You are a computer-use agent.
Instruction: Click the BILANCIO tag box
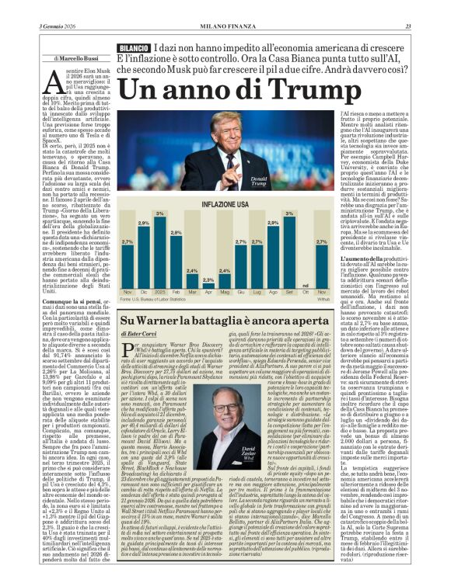pyautogui.click(x=134, y=48)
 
